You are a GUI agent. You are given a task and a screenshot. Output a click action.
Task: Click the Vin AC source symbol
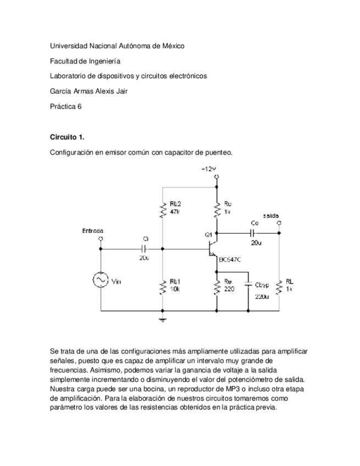pos(101,280)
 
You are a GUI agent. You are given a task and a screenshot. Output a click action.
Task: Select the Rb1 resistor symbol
pos(163,286)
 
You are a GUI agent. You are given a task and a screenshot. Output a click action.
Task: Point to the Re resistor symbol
pos(218,286)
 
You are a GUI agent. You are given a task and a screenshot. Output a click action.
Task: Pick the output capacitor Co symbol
pos(252,233)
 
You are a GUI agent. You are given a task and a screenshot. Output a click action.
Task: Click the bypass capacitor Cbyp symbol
pos(248,285)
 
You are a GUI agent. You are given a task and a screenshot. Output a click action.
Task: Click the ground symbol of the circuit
pos(163,318)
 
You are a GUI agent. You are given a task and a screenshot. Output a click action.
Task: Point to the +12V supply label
pos(209,169)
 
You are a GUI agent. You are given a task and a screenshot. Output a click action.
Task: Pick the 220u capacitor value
pos(262,297)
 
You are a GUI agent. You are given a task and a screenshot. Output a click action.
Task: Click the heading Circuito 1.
pos(67,137)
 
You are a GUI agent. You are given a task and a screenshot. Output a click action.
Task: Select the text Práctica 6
pos(65,107)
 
